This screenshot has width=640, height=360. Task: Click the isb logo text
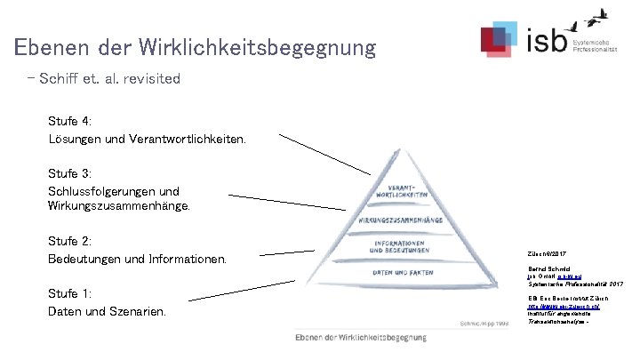click(x=546, y=40)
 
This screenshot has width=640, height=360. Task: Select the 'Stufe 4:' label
click(x=70, y=121)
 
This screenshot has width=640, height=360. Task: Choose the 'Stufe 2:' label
click(x=70, y=241)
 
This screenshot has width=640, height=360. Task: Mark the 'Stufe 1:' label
click(x=70, y=293)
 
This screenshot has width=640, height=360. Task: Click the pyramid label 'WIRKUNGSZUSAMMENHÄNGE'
click(x=401, y=219)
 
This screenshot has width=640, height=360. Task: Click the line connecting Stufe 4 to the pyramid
click(x=324, y=154)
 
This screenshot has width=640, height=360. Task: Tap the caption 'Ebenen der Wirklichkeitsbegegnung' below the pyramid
click(x=361, y=337)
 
